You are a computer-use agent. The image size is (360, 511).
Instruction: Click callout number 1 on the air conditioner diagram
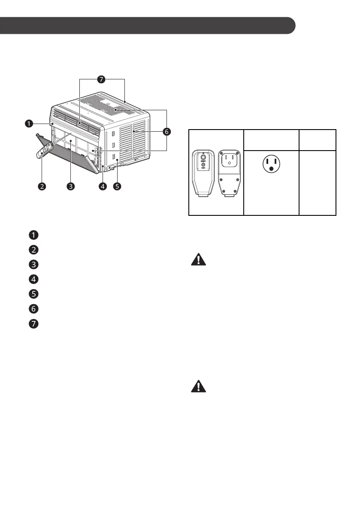tap(28, 124)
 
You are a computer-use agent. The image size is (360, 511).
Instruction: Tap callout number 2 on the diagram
tap(41, 187)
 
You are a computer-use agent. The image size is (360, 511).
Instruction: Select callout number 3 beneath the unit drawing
tap(71, 187)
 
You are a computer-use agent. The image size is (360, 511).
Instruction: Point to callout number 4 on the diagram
tap(102, 187)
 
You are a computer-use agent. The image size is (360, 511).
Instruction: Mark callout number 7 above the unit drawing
tap(101, 80)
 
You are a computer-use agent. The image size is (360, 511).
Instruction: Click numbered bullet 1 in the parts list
tap(33, 235)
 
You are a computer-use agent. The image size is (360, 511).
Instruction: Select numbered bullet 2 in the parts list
tap(33, 249)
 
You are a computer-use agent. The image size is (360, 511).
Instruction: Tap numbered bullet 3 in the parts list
tap(33, 264)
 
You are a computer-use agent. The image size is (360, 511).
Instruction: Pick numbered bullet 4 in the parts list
tap(33, 279)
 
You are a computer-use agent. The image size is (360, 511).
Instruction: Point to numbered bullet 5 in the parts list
tap(33, 294)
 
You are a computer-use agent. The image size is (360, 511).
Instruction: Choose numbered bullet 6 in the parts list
tap(33, 308)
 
